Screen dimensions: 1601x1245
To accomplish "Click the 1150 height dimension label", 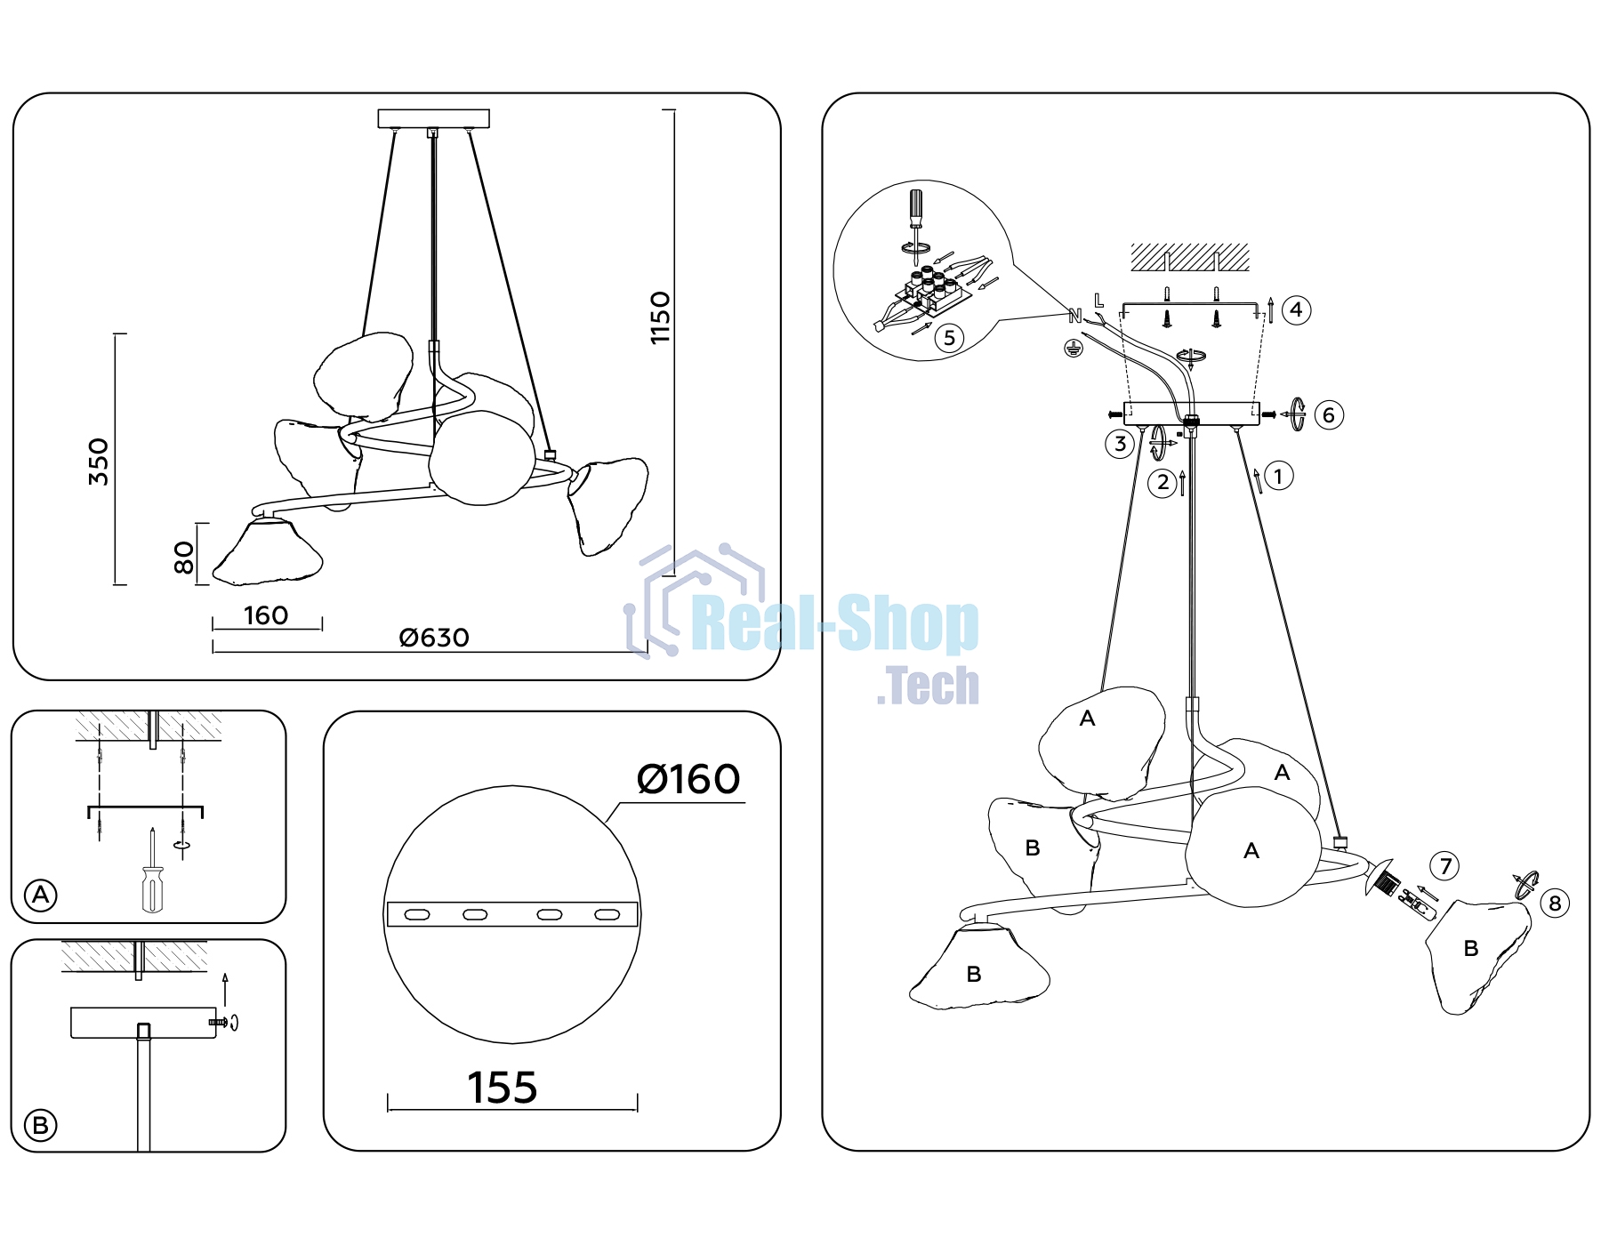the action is click(660, 317).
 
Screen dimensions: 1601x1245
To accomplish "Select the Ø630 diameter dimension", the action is click(434, 638).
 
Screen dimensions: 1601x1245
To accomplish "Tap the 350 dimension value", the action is click(99, 462).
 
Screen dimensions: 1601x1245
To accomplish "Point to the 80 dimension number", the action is click(183, 558).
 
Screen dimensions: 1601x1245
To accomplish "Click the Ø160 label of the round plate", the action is click(688, 779).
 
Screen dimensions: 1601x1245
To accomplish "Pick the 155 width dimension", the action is click(503, 1088).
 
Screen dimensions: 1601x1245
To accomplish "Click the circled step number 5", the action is click(950, 338).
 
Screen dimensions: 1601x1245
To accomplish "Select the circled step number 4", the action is click(1297, 309).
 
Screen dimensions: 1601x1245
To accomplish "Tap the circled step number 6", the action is click(1329, 414).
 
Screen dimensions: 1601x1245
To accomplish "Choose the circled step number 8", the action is click(1555, 904).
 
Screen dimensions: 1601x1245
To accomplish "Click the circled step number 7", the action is click(1445, 865).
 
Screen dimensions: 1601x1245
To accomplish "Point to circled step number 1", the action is click(1279, 476).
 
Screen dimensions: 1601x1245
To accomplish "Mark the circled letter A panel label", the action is click(41, 895).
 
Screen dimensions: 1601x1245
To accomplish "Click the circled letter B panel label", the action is click(40, 1126).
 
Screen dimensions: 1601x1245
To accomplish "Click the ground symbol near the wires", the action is click(1074, 348).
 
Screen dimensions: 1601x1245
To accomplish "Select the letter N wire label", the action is click(1074, 316).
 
